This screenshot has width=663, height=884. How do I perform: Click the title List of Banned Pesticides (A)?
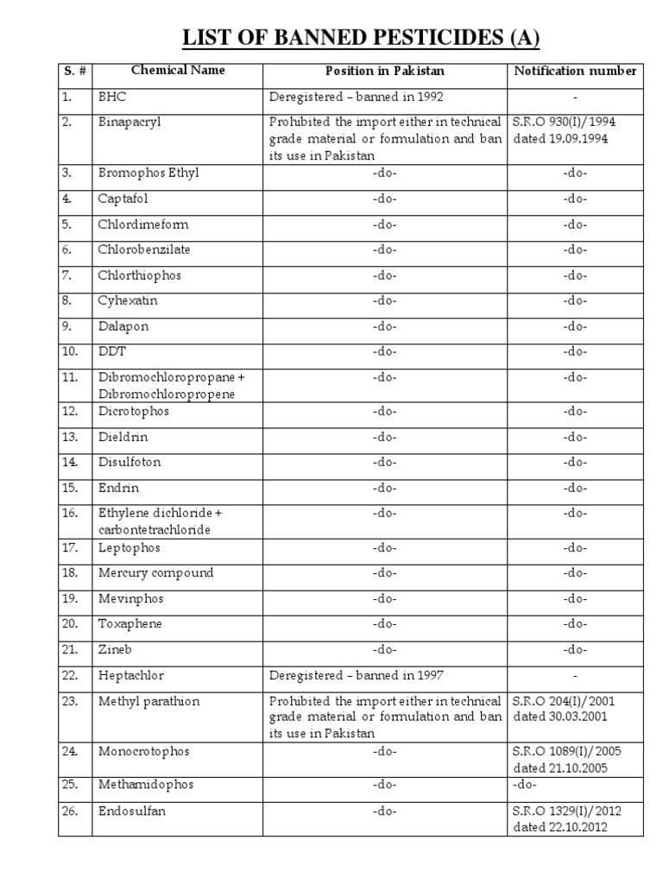(360, 38)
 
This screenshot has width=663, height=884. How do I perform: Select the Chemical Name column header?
(177, 71)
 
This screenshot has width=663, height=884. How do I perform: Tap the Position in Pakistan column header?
(384, 71)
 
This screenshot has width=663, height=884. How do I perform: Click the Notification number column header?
(575, 71)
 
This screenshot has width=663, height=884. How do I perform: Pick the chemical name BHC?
(112, 97)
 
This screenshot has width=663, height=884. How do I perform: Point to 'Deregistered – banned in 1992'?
(357, 97)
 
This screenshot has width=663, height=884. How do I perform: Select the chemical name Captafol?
(123, 199)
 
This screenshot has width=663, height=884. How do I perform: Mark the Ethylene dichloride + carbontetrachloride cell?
(161, 521)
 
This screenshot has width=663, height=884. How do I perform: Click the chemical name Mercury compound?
(155, 572)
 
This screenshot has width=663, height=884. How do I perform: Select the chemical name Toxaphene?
(129, 623)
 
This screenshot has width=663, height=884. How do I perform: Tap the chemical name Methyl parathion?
(148, 701)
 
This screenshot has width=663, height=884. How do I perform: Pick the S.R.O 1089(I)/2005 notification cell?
(566, 759)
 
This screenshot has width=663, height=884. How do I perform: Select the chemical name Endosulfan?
(131, 811)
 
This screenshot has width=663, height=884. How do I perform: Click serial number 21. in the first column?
(70, 649)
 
